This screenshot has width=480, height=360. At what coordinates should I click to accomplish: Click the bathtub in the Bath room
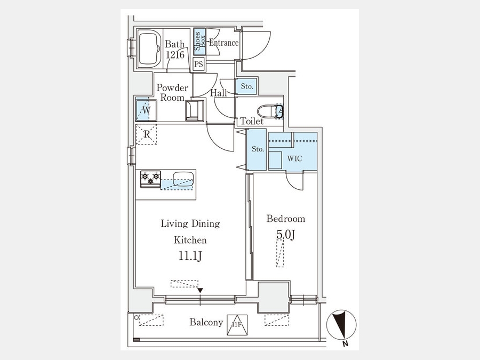[150, 49]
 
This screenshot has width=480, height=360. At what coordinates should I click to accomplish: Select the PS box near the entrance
[199, 64]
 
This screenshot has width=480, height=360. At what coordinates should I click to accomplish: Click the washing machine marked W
[146, 109]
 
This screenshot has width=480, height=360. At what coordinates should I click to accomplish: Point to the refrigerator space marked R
[146, 134]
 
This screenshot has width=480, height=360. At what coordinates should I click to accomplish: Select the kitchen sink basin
[183, 179]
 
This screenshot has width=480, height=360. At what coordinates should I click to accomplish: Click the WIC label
[294, 158]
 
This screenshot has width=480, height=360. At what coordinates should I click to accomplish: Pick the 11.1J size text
[190, 256]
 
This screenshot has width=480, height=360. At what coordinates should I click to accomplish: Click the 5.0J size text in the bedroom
[285, 235]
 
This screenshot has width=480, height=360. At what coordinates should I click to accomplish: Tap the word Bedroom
[286, 219]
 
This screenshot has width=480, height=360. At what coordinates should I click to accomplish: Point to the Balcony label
[206, 322]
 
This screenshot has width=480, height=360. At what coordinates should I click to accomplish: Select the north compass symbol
[341, 325]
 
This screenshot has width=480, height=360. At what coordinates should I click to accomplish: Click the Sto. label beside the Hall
[247, 86]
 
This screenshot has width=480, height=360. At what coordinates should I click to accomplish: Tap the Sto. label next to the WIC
[258, 149]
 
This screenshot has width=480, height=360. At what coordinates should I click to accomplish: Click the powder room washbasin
[195, 110]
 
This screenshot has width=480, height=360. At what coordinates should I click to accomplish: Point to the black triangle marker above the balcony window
[200, 290]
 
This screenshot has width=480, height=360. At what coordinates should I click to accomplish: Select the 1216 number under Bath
[175, 55]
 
